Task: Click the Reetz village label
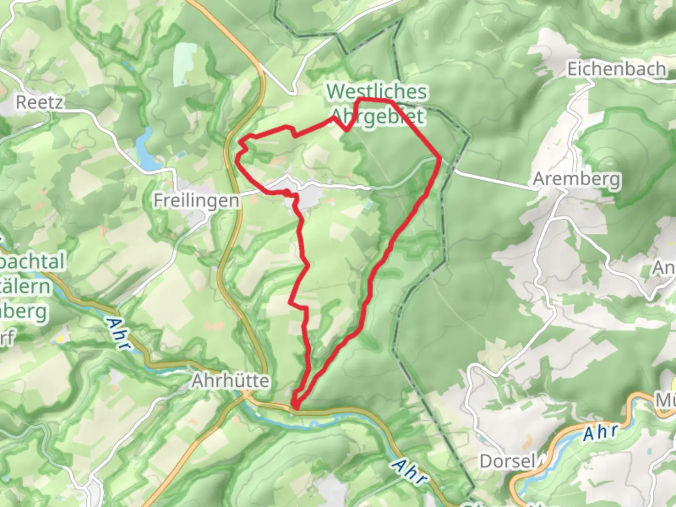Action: point(39,102)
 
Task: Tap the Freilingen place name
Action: point(196,200)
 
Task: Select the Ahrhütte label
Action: point(230,381)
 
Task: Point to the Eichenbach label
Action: point(616,69)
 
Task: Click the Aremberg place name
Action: point(576,179)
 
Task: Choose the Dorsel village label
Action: point(507,461)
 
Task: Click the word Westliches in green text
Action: point(377,92)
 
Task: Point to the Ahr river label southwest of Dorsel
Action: point(410,471)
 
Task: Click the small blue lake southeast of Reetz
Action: point(146,149)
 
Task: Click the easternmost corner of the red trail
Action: point(440,158)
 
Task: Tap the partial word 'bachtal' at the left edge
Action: point(32,261)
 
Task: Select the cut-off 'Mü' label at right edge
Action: point(666,400)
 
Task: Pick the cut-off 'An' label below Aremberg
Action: point(664,268)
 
